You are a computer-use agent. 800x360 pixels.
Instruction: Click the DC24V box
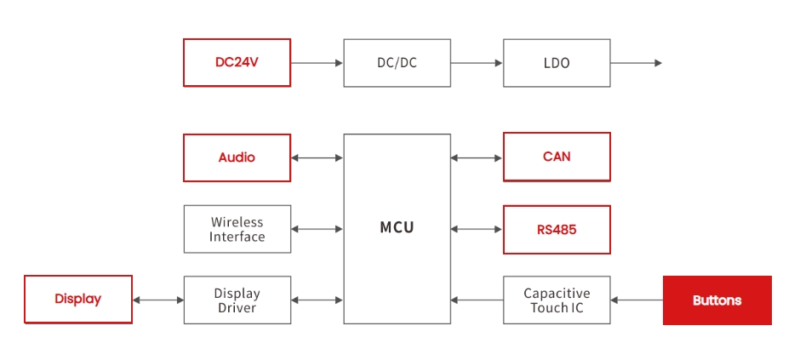pos(237,62)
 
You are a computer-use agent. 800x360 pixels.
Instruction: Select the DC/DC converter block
pos(397,62)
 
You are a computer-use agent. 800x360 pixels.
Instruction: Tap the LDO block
pos(557,62)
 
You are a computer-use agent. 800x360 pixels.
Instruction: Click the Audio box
pos(237,157)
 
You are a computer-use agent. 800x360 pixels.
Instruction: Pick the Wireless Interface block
pos(237,229)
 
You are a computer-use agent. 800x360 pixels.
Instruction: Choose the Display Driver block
pos(237,300)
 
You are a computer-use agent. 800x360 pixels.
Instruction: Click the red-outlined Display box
pos(77,300)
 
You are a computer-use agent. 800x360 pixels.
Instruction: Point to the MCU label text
pos(397,228)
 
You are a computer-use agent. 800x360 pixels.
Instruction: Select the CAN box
pos(557,157)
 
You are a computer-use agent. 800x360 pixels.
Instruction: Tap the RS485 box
pos(557,229)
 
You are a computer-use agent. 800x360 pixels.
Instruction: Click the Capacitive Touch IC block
pos(557,300)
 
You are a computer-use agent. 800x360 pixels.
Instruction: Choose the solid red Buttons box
pos(717,300)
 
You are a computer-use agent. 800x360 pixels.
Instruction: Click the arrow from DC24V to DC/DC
pos(317,62)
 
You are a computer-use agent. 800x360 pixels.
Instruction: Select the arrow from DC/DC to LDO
pos(477,62)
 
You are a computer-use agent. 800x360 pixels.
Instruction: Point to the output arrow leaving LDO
pos(636,62)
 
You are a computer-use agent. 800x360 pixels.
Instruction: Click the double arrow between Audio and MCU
pos(317,157)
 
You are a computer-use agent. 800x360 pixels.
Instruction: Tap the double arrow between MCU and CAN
pos(477,157)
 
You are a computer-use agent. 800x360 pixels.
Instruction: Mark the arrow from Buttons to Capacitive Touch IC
pos(637,300)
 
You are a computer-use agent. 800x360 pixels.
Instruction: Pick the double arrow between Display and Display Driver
pos(157,300)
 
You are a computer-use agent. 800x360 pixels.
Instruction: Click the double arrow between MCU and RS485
pos(477,229)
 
